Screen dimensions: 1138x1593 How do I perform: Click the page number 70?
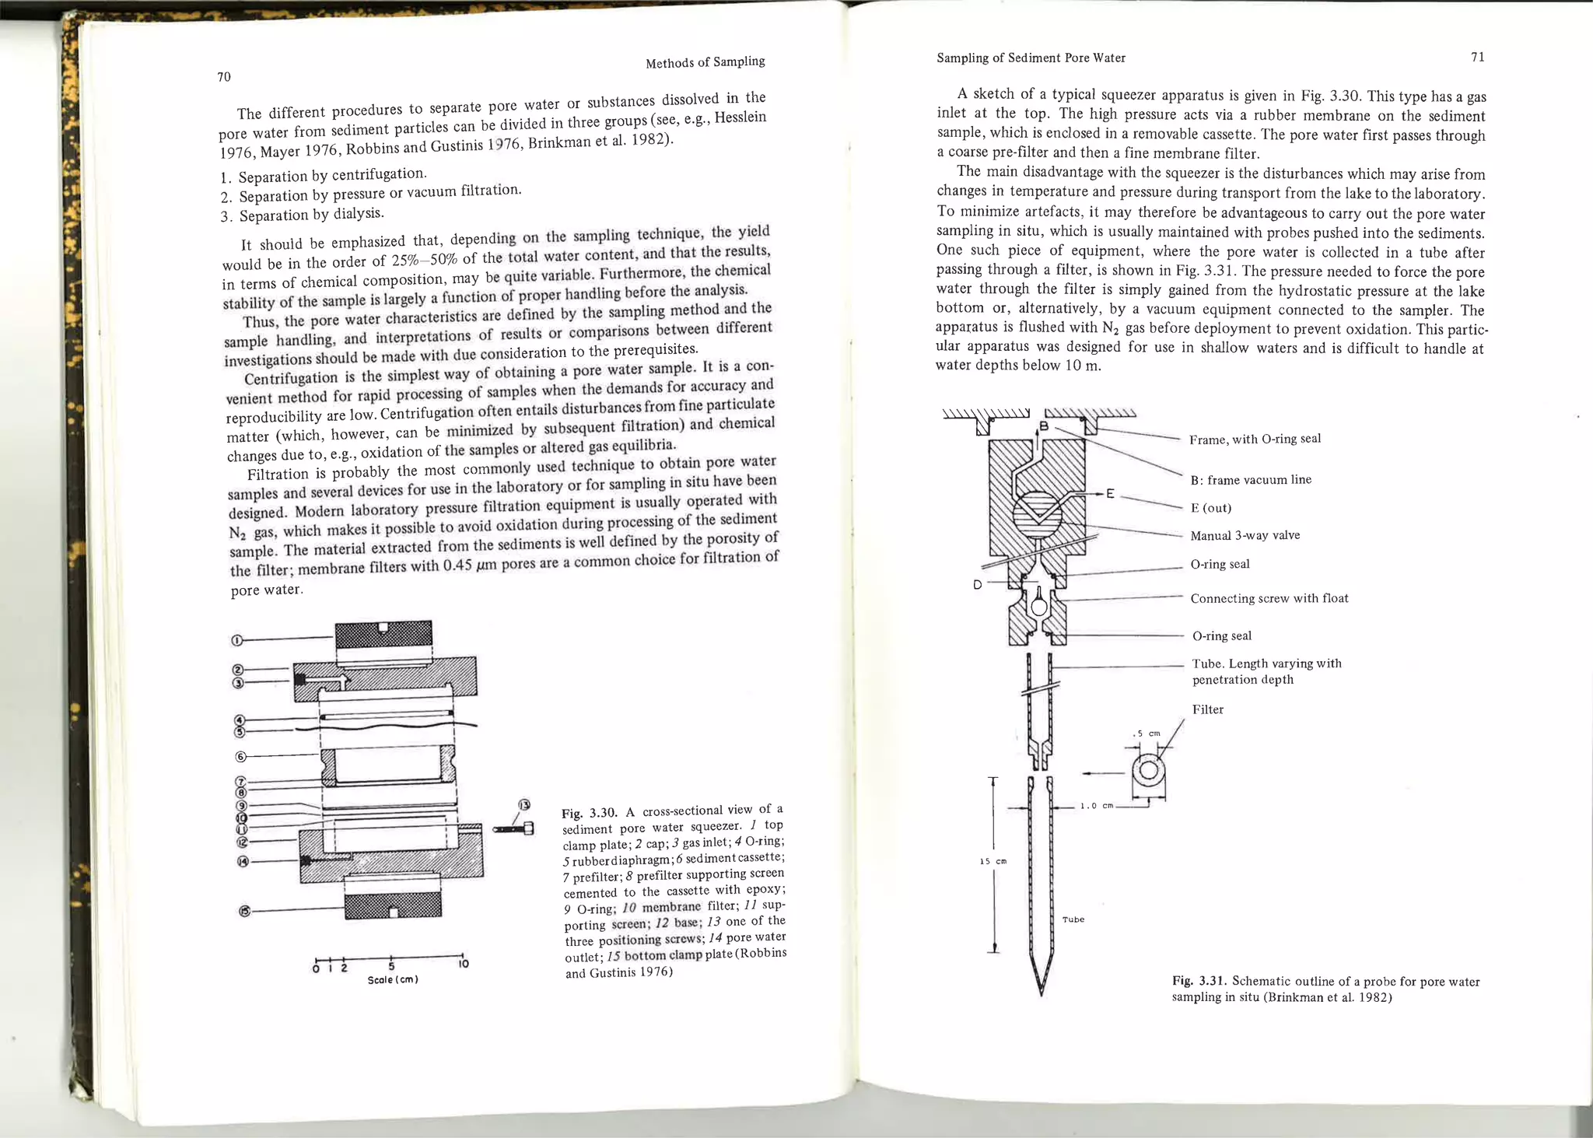pyautogui.click(x=223, y=76)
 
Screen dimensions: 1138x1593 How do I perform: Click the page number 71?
pyautogui.click(x=1478, y=57)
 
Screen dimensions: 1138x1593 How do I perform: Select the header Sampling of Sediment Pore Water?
pyautogui.click(x=1031, y=58)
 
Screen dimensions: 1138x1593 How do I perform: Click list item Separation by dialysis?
pyautogui.click(x=311, y=214)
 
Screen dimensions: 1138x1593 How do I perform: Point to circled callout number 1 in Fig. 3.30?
pyautogui.click(x=236, y=641)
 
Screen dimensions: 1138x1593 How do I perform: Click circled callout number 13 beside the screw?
pyautogui.click(x=524, y=805)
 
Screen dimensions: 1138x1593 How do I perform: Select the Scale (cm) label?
pyautogui.click(x=393, y=980)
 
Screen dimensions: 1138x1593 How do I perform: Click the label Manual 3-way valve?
pyautogui.click(x=1245, y=535)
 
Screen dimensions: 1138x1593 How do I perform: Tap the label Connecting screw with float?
pyautogui.click(x=1269, y=598)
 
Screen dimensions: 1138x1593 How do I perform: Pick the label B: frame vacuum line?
pyautogui.click(x=1251, y=480)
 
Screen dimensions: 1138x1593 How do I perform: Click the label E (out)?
pyautogui.click(x=1210, y=508)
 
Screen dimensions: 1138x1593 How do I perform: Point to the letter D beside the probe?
pyautogui.click(x=978, y=584)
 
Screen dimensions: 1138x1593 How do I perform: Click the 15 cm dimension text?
pyautogui.click(x=993, y=861)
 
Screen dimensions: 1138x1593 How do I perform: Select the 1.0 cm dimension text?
pyautogui.click(x=1097, y=806)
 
